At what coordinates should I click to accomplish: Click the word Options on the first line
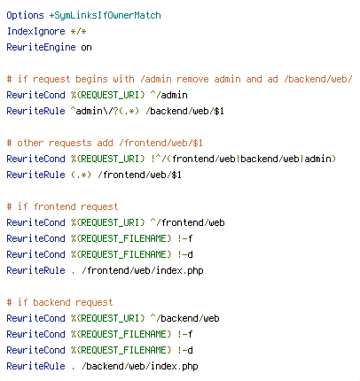click(25, 15)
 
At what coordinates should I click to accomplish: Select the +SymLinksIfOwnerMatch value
click(105, 15)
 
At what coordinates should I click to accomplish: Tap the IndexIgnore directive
click(35, 31)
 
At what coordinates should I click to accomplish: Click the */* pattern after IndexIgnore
click(78, 31)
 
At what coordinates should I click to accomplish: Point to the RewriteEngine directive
click(41, 47)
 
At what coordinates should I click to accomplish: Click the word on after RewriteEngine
click(86, 48)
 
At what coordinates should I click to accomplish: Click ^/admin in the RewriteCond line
click(168, 95)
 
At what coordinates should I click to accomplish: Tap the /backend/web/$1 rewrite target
click(184, 111)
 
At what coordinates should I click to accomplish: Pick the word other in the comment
click(30, 143)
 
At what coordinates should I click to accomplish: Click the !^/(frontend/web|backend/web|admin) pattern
click(243, 159)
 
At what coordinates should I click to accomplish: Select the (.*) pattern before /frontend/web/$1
click(81, 175)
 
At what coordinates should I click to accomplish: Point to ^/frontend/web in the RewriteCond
click(187, 222)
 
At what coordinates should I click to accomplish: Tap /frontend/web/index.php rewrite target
click(143, 270)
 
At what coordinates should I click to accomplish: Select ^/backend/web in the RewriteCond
click(184, 318)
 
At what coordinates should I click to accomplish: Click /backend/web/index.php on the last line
click(140, 366)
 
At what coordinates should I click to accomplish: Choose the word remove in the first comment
click(192, 79)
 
